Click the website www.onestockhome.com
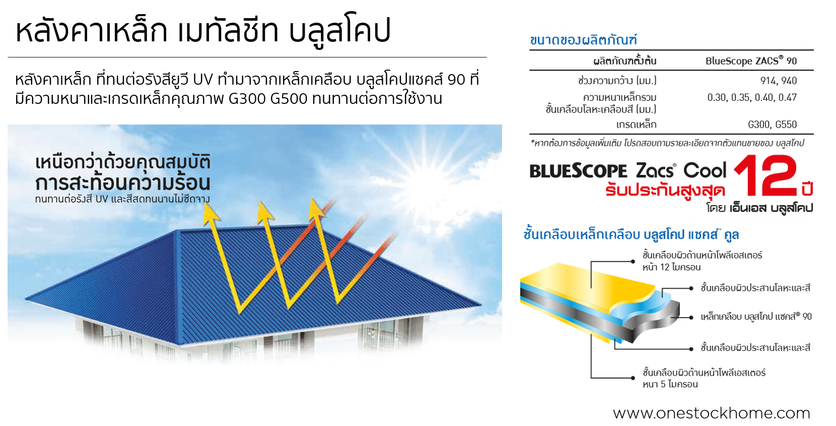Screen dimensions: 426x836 (711, 413)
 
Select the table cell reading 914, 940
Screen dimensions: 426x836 (778, 81)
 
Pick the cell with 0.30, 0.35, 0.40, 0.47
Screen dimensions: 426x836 (751, 97)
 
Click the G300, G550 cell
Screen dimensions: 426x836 (772, 125)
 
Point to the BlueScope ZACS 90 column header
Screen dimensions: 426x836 (750, 61)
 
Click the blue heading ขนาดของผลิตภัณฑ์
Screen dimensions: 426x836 (583, 40)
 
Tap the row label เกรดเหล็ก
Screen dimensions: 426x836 (636, 125)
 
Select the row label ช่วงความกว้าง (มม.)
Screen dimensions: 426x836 (617, 81)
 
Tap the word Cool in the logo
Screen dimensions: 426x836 (705, 170)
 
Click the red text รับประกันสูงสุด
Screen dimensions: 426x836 (665, 191)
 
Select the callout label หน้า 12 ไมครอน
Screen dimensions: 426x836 (671, 267)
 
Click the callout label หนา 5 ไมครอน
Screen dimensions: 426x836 (670, 384)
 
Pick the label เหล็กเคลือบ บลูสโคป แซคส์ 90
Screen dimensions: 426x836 (755, 317)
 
